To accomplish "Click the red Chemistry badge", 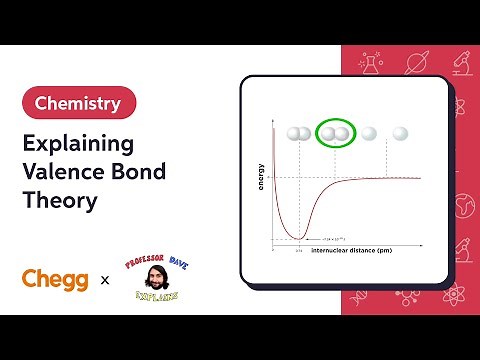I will pos(78,102).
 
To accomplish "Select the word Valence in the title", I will pos(64,170).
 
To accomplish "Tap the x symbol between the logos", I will pos(105,281).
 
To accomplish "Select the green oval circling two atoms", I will pos(336,132).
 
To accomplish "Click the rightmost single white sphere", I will pos(401,132).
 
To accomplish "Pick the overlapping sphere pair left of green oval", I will pos(298,132).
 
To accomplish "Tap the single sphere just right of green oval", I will pos(369,132).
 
